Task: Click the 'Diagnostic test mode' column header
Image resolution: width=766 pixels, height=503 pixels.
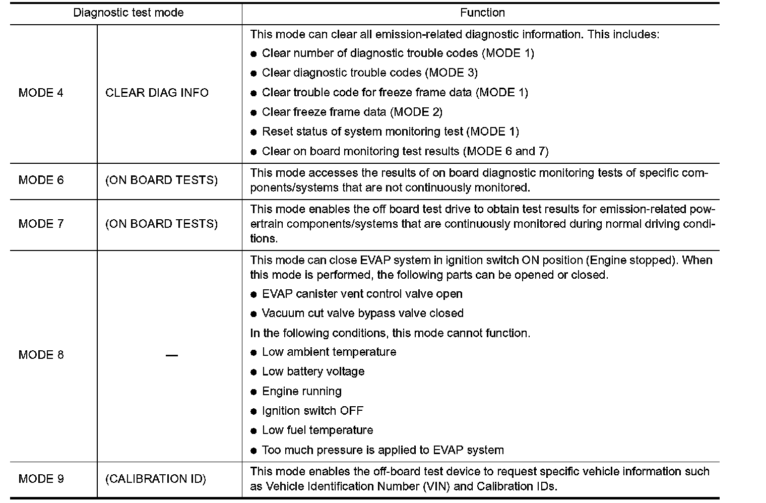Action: pyautogui.click(x=129, y=13)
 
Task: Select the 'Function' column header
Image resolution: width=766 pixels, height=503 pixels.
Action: pyautogui.click(x=482, y=13)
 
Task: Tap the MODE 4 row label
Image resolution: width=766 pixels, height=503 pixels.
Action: pyautogui.click(x=41, y=93)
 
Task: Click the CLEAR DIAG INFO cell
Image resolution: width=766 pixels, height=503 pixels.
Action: pyautogui.click(x=157, y=93)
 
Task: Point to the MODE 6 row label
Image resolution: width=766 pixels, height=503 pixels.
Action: pyautogui.click(x=41, y=180)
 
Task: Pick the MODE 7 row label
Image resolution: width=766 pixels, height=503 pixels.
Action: pyautogui.click(x=41, y=223)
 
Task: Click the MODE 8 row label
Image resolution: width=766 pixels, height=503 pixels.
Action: pyautogui.click(x=41, y=355)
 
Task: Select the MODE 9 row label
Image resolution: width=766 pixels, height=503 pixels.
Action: pyautogui.click(x=41, y=478)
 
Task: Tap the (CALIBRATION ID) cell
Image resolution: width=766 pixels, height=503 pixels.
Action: pyautogui.click(x=156, y=478)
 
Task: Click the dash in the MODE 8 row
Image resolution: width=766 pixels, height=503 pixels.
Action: pyautogui.click(x=171, y=355)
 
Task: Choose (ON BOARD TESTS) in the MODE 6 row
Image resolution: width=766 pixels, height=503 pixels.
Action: pyautogui.click(x=161, y=180)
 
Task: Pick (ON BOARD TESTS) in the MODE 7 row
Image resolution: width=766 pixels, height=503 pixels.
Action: pyautogui.click(x=161, y=223)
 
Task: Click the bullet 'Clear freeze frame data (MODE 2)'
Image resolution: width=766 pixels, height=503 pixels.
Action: pyautogui.click(x=352, y=112)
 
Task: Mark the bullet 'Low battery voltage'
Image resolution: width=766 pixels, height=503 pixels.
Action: pyautogui.click(x=313, y=371)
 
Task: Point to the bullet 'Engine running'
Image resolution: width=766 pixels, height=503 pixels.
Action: pyautogui.click(x=301, y=391)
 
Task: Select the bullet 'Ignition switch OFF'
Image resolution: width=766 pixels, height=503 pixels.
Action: pyautogui.click(x=312, y=411)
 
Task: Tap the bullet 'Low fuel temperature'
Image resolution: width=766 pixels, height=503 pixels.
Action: pyautogui.click(x=317, y=430)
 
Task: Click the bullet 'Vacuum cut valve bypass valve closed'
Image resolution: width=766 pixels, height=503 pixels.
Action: pyautogui.click(x=362, y=313)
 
